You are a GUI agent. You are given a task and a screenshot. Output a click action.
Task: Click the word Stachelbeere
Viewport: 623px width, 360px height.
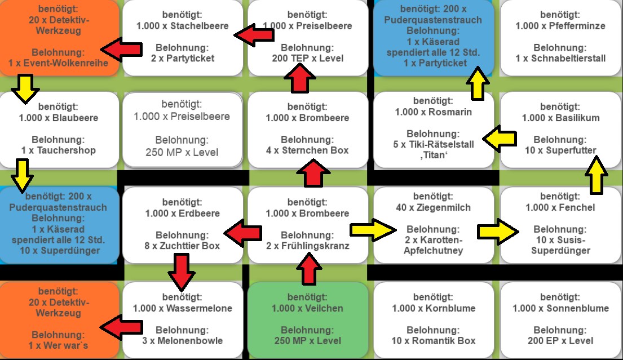(x=200, y=26)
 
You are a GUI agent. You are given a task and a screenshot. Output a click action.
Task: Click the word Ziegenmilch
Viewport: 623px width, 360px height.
(x=443, y=207)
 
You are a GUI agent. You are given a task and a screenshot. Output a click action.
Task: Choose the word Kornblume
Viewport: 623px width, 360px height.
(x=450, y=308)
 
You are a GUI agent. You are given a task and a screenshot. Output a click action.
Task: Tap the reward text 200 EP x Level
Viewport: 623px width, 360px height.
(x=560, y=340)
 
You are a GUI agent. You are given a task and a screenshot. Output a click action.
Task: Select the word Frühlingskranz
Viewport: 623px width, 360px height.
(x=316, y=246)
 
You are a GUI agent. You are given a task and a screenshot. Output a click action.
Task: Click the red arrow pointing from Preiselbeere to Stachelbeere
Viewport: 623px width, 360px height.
(x=254, y=35)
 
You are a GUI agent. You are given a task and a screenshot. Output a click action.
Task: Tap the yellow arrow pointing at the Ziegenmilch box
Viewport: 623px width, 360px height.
(x=373, y=230)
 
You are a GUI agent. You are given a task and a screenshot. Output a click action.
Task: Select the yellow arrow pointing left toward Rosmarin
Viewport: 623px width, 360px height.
(x=500, y=139)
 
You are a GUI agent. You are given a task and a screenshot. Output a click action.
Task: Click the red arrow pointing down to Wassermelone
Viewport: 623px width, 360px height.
(x=182, y=272)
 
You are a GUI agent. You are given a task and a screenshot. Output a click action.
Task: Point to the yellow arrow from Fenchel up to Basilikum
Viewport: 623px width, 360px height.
(x=597, y=175)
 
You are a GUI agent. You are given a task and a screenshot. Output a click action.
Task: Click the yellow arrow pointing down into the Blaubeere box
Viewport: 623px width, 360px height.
(x=25, y=90)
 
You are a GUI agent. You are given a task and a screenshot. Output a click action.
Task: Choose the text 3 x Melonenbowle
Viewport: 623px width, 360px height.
(x=182, y=340)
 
